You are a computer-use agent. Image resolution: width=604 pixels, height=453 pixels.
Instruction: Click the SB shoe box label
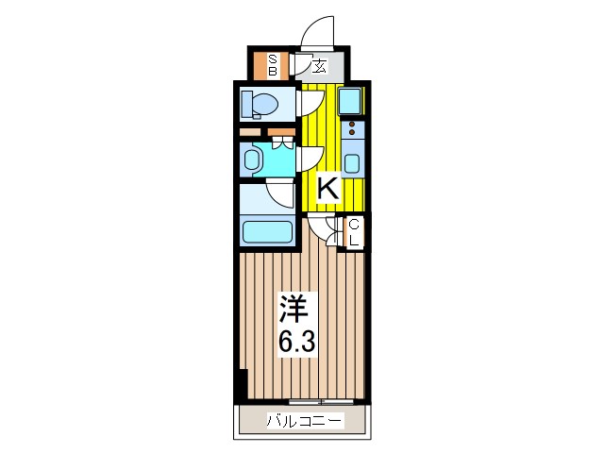(x=273, y=64)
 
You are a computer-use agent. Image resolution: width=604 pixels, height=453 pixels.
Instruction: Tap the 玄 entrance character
(x=320, y=66)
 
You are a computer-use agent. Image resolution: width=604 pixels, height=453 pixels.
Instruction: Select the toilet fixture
(x=257, y=103)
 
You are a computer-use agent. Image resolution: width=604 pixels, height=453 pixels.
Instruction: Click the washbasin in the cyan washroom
(x=252, y=159)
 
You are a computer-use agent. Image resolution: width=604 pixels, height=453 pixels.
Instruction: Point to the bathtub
(x=267, y=230)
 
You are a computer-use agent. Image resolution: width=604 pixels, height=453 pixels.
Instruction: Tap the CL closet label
(x=354, y=231)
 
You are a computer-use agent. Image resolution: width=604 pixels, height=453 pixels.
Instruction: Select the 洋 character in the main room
(x=293, y=308)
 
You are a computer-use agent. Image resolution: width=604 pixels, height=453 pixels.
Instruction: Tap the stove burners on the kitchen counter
(x=352, y=129)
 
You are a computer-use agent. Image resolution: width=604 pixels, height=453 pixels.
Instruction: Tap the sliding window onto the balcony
(x=322, y=402)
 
